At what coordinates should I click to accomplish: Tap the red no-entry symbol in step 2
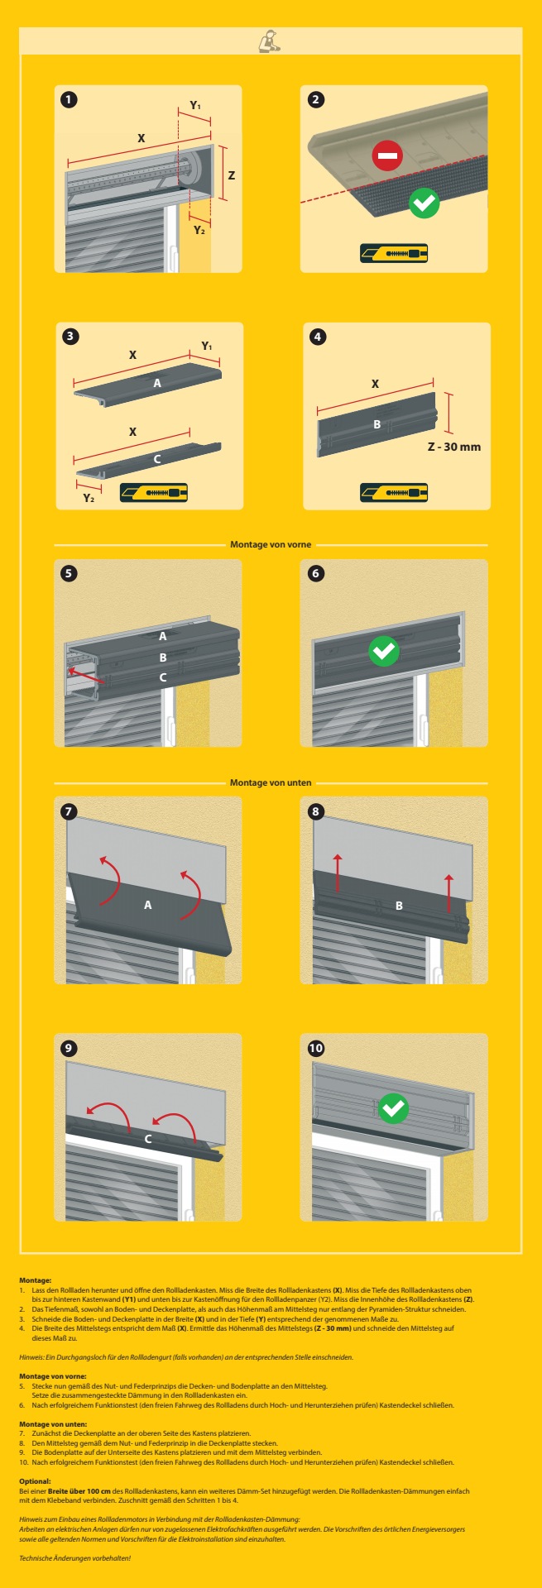(x=386, y=155)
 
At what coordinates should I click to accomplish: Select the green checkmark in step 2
(x=424, y=202)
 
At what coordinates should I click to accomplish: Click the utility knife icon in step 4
(x=394, y=493)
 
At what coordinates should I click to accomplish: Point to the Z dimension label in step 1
(x=232, y=175)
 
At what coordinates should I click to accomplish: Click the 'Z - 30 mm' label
(x=453, y=447)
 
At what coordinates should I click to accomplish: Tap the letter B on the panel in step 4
(x=377, y=424)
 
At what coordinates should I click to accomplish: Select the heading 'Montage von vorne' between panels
(x=271, y=544)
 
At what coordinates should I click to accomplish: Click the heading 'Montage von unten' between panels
(x=271, y=782)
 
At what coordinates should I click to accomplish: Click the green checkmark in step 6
(x=383, y=651)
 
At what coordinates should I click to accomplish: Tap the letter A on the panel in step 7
(x=148, y=905)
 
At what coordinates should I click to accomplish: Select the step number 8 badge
(x=315, y=811)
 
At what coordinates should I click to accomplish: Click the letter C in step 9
(x=148, y=1139)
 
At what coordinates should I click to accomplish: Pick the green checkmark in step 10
(x=393, y=1107)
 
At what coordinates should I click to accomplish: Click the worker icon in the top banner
(x=270, y=41)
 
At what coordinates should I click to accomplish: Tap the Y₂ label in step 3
(x=89, y=498)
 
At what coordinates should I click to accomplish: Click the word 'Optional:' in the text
(x=35, y=1481)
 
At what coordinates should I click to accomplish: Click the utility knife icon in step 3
(x=154, y=493)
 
